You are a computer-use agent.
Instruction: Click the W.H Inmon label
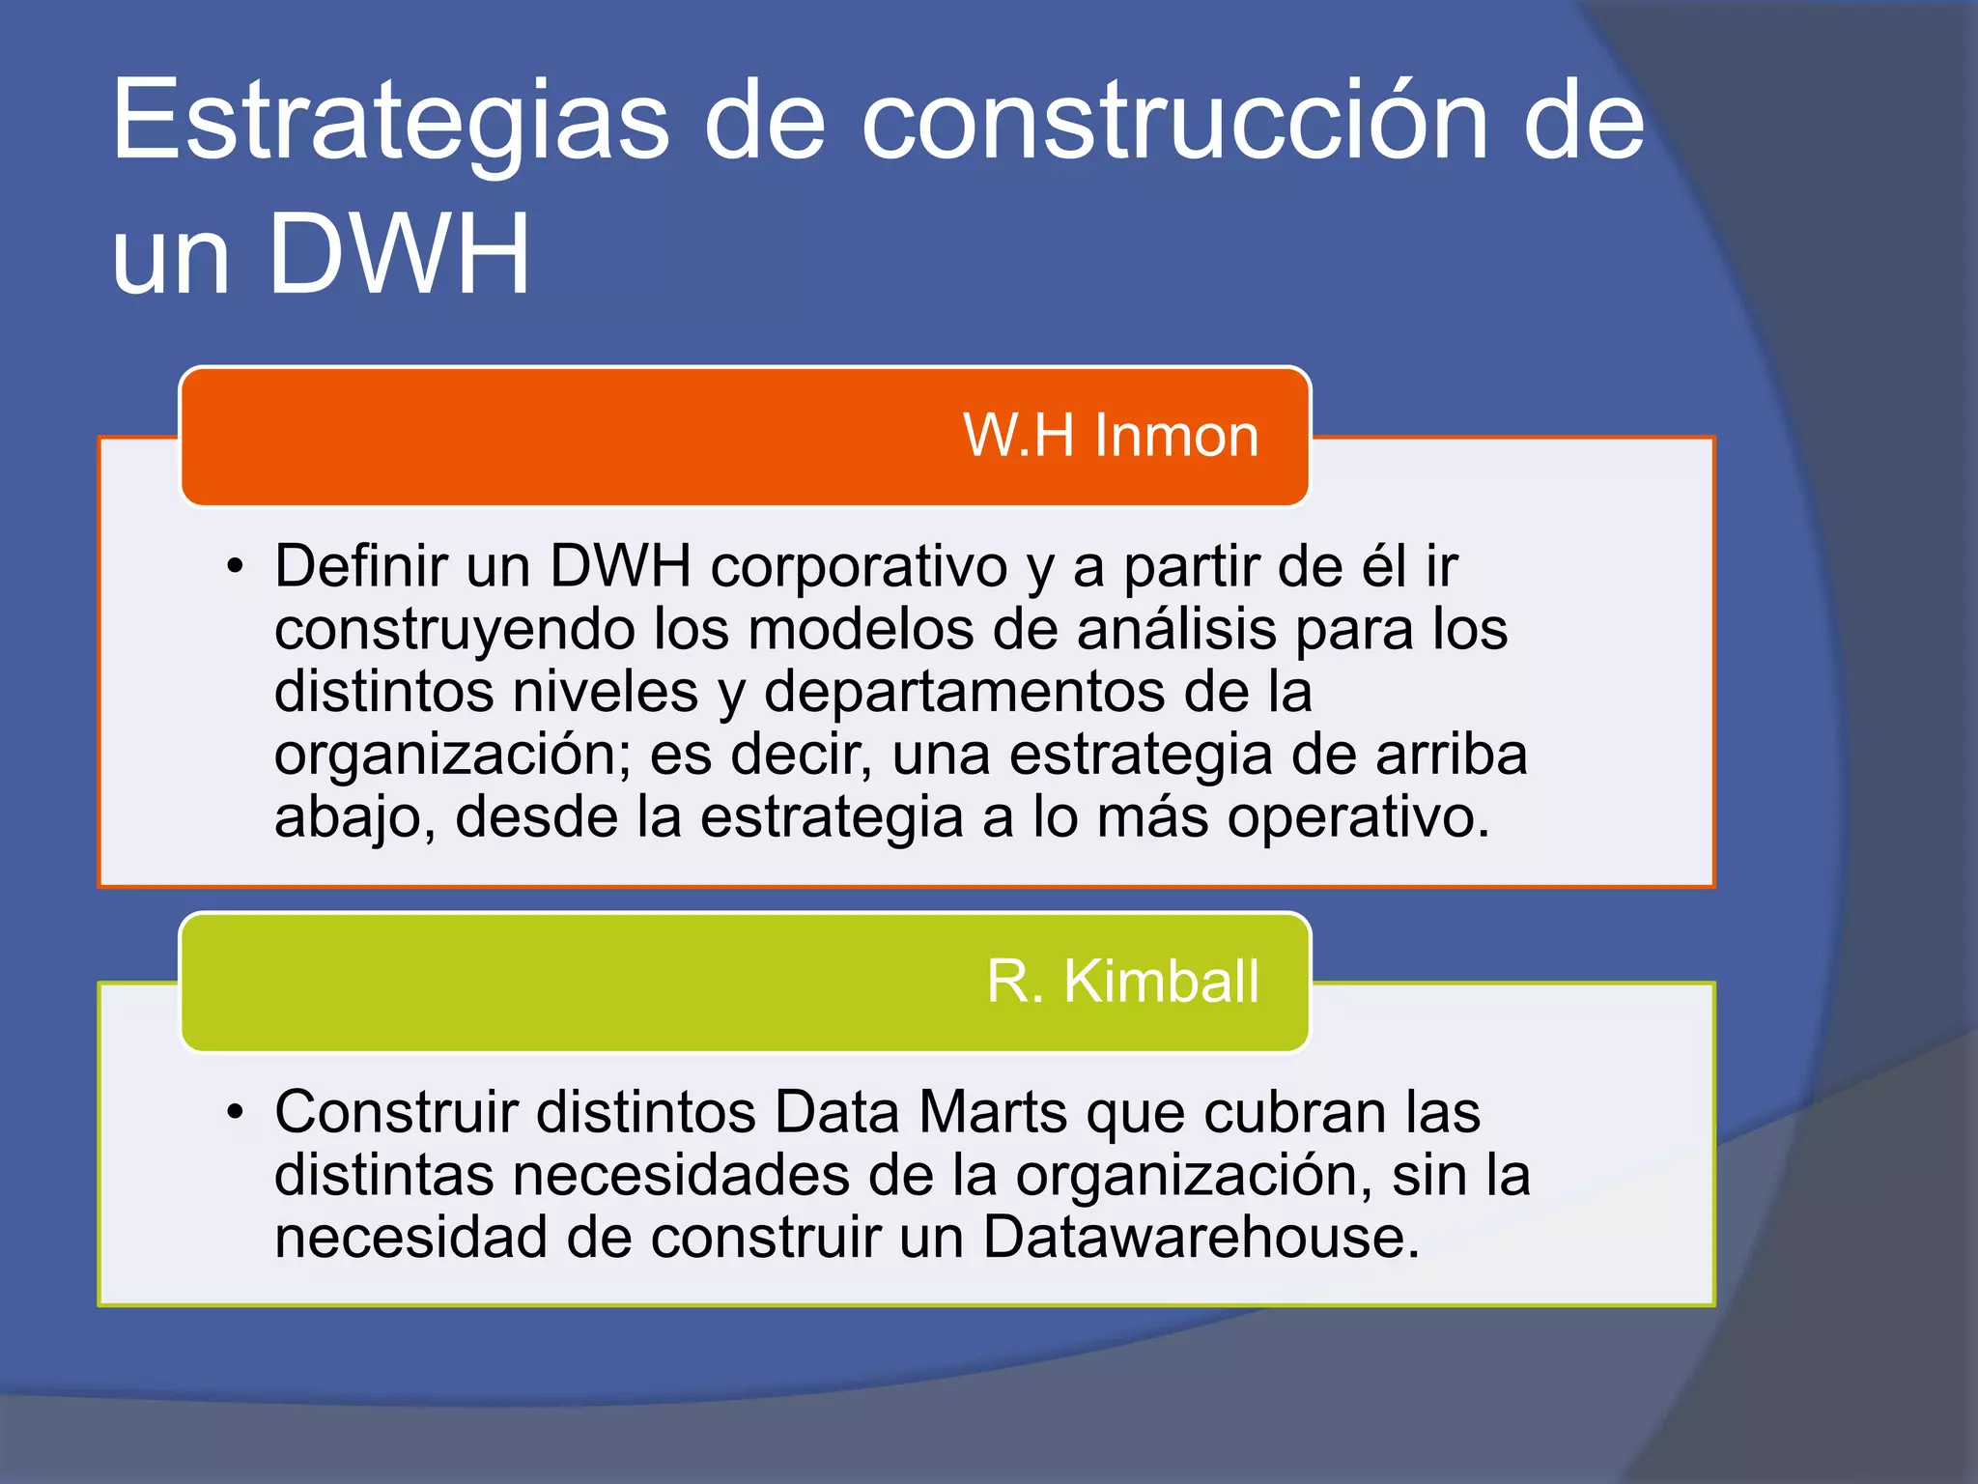[x=1111, y=436]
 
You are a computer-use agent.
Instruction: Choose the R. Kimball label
[x=1122, y=982]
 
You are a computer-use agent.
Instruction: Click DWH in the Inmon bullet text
[x=621, y=566]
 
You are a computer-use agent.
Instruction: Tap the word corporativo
[x=860, y=566]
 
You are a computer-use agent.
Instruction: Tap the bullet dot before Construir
[x=236, y=1113]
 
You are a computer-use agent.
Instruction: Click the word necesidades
[x=681, y=1176]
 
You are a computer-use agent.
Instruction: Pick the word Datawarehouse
[x=1201, y=1238]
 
